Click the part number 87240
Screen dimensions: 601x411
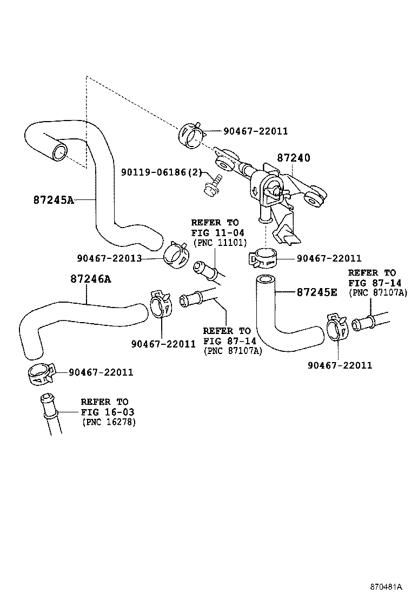294,158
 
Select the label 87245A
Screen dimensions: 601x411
53,199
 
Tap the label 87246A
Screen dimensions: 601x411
90,279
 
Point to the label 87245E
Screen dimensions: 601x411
317,292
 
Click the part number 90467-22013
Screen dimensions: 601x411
109,258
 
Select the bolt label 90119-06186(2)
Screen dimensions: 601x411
161,172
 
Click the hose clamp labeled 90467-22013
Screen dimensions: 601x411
174,254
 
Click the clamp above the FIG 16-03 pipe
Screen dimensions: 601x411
41,374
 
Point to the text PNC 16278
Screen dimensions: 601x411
109,422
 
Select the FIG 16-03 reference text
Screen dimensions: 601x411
107,412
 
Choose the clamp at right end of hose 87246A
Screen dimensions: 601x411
161,304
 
